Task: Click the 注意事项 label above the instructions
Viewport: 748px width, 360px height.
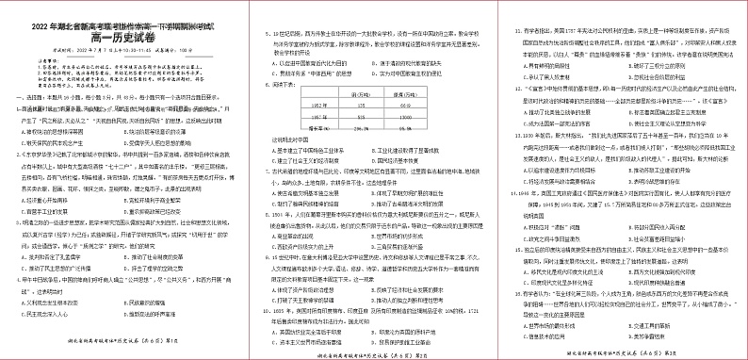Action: (43, 62)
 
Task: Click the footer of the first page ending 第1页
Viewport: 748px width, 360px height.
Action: (122, 345)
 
